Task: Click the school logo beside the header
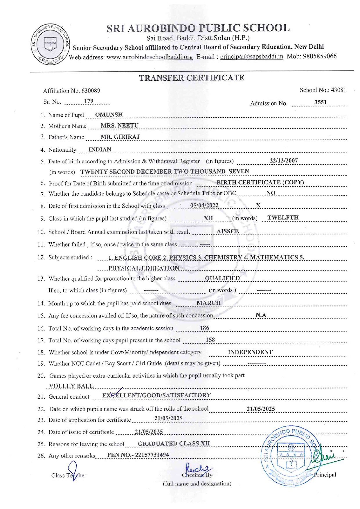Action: (50, 44)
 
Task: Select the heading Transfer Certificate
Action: (192, 78)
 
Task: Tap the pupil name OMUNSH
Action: (109, 115)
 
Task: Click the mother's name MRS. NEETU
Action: (119, 126)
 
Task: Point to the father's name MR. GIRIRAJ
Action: (120, 137)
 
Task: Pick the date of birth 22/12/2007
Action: (284, 161)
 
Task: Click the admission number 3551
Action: (320, 102)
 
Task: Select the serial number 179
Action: (89, 101)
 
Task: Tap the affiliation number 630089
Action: (91, 91)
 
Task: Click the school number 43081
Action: (339, 90)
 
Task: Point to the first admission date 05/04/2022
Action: (204, 205)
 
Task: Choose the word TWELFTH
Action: (283, 218)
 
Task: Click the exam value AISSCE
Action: (228, 231)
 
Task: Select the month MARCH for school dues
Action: (208, 303)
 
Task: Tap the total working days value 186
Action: (204, 328)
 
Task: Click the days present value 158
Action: (210, 340)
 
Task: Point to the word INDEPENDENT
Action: (250, 352)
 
